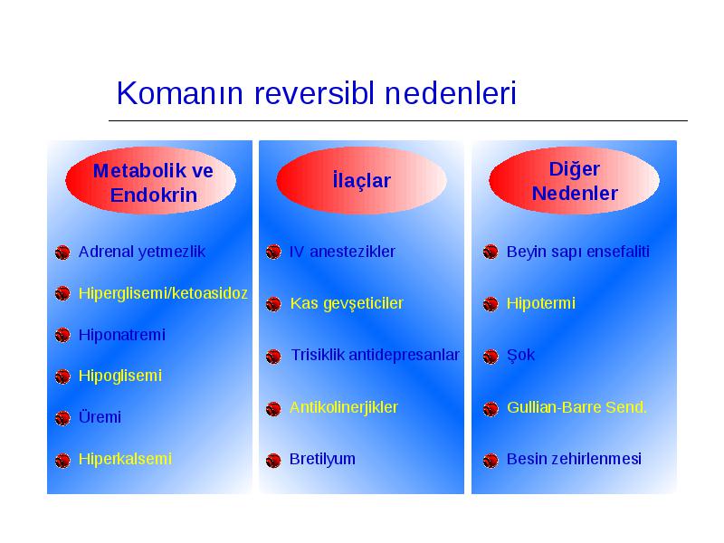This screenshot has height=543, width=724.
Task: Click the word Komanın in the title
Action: click(179, 93)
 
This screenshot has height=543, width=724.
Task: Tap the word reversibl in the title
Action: click(314, 93)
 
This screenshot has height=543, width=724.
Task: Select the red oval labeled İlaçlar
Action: click(361, 180)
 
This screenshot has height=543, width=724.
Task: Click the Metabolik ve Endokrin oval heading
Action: click(151, 180)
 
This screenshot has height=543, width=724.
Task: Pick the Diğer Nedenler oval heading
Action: click(575, 180)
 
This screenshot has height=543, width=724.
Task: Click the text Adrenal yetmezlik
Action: click(142, 252)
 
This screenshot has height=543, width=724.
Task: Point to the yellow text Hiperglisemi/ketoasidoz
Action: click(163, 293)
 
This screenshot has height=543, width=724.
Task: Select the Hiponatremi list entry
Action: click(122, 335)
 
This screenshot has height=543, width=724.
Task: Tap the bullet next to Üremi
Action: click(62, 418)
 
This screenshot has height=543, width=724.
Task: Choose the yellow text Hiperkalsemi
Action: click(125, 459)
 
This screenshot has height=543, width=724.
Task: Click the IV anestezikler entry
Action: click(342, 252)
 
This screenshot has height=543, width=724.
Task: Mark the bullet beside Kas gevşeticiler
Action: click(273, 304)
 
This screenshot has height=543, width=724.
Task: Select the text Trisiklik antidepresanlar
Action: click(375, 355)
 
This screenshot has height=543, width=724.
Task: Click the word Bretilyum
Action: click(322, 460)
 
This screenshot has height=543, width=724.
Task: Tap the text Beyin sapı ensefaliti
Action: click(577, 252)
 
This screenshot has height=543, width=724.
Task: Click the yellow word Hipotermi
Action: click(540, 304)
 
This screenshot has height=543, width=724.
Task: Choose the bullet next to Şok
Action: click(491, 357)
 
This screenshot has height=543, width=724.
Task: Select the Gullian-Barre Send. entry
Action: click(576, 407)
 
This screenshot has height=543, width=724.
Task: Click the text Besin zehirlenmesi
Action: click(574, 459)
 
